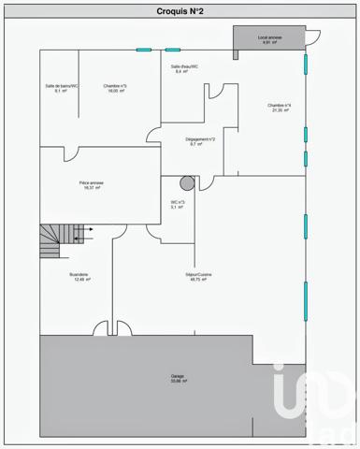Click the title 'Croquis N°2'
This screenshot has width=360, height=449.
tap(180, 11)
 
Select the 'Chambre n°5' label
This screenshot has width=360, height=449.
tap(116, 86)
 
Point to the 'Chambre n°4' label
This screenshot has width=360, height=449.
tap(279, 105)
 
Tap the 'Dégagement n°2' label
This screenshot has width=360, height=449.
tap(201, 139)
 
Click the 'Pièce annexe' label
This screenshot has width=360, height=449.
tap(91, 182)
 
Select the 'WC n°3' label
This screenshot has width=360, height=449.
tap(178, 202)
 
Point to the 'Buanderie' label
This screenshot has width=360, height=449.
tap(79, 274)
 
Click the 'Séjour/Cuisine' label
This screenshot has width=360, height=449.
tap(198, 274)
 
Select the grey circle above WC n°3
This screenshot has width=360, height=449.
tap(186, 182)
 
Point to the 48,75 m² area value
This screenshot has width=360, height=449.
tap(198, 280)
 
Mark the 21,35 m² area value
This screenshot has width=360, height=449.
tap(279, 110)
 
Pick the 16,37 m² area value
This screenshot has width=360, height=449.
tap(91, 188)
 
